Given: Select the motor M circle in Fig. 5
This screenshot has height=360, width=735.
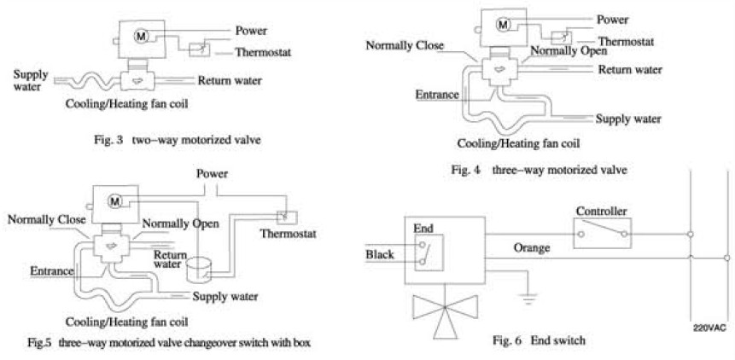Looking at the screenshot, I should point(115,200).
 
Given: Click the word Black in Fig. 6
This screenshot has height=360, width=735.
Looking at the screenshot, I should point(379,254).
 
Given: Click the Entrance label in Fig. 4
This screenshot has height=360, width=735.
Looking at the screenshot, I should point(437,94).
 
